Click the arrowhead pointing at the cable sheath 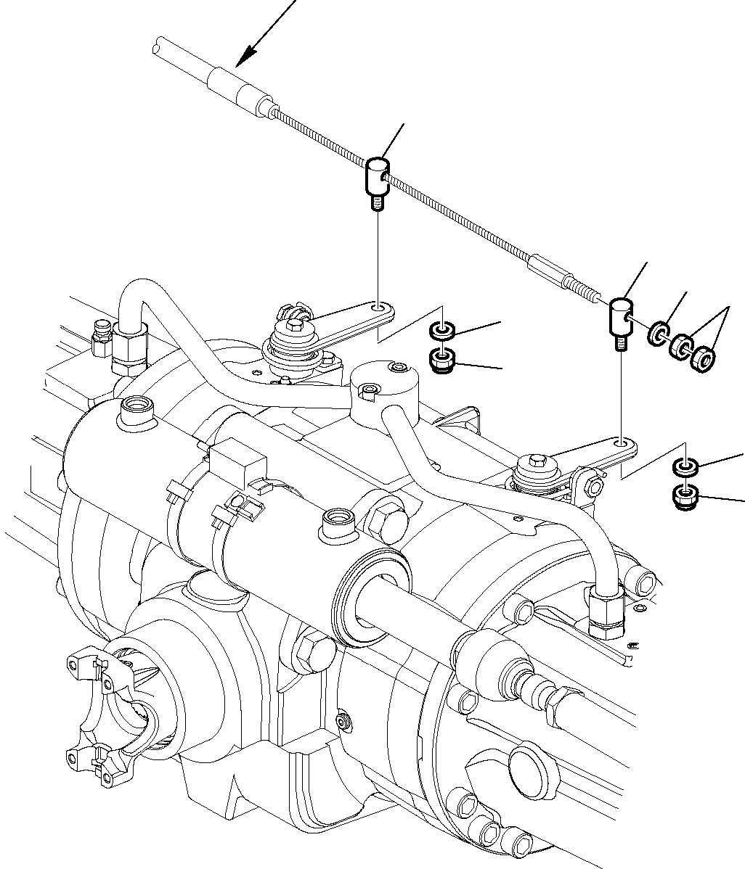click(247, 54)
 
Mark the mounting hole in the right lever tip click(622, 442)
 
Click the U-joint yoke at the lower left click(109, 707)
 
